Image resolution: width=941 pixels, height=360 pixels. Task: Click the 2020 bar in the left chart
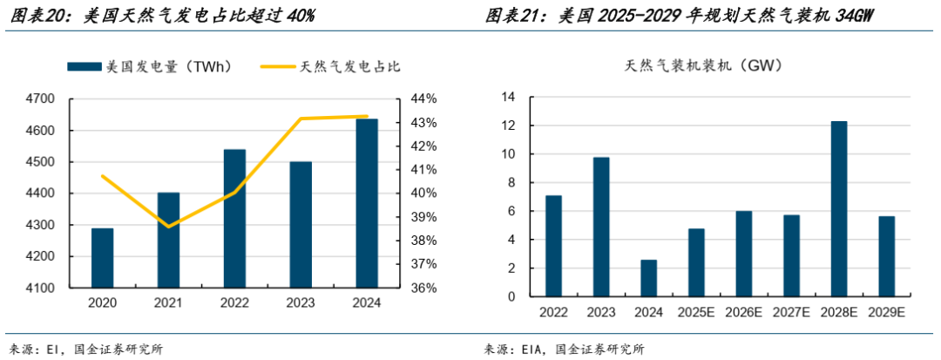102,258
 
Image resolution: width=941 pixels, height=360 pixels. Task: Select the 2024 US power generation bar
367,203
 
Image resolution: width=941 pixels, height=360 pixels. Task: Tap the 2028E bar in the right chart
838,209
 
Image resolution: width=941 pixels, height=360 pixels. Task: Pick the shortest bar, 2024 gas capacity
648,278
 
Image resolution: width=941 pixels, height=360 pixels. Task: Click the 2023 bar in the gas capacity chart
601,227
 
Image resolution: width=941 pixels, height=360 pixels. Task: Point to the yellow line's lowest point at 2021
168,227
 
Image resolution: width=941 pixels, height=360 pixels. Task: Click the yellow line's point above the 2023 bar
301,119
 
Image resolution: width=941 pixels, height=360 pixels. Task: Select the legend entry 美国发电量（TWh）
149,66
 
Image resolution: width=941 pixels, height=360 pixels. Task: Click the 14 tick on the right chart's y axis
507,98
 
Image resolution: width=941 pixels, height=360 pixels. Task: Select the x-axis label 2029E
886,312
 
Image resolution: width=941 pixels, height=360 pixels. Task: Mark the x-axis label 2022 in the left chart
234,302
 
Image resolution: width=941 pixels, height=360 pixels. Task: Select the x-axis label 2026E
743,312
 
